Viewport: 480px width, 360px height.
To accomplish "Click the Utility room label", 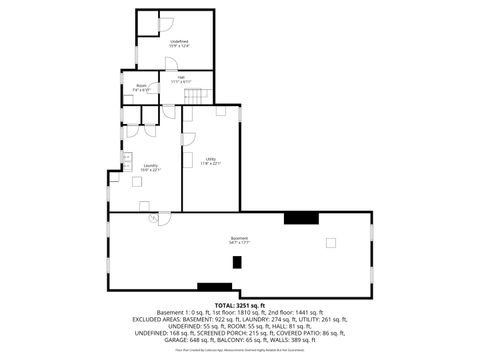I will pyautogui.click(x=211, y=161).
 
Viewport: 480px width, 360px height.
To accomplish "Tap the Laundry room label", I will pyautogui.click(x=150, y=167).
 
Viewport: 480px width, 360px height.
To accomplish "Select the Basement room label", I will pyautogui.click(x=239, y=240).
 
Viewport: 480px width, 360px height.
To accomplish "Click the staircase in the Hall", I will pyautogui.click(x=204, y=95).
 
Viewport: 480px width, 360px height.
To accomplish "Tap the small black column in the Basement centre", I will pyautogui.click(x=237, y=262).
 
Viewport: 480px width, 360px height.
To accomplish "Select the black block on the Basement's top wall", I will pyautogui.click(x=300, y=217).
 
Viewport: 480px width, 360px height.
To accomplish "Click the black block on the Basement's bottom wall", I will pyautogui.click(x=214, y=287).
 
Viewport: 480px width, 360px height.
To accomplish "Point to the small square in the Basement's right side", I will pyautogui.click(x=331, y=242).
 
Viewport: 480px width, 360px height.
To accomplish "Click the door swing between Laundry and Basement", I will pyautogui.click(x=152, y=217).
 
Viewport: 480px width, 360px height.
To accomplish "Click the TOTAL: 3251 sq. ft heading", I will pyautogui.click(x=239, y=304).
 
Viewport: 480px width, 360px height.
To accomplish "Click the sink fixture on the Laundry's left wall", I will pyautogui.click(x=127, y=158).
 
